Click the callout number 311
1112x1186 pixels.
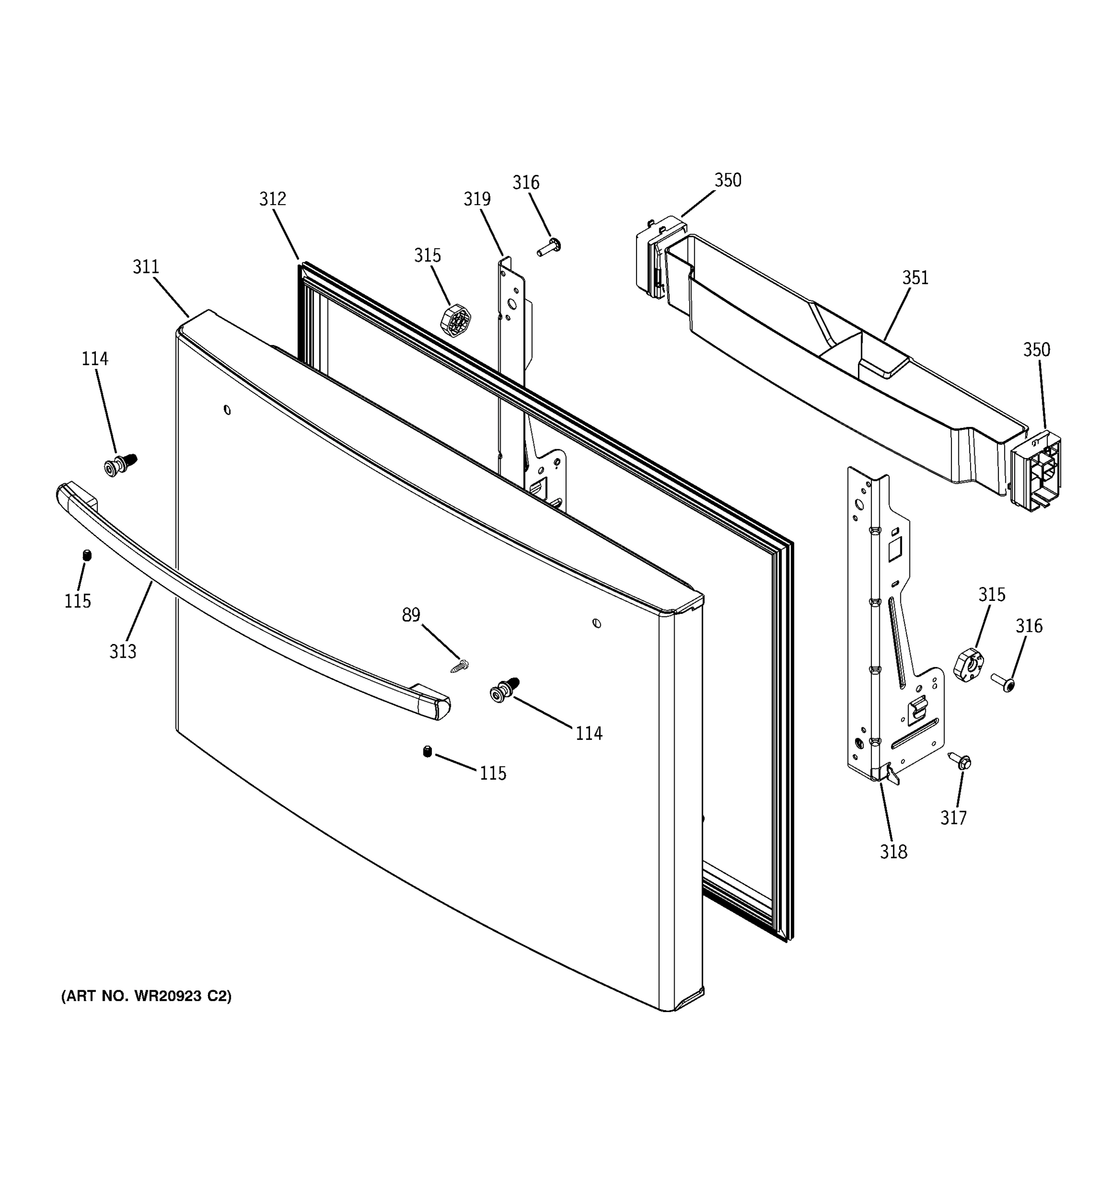tap(146, 267)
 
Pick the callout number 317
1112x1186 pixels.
tap(953, 818)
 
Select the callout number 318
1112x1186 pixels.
tap(893, 852)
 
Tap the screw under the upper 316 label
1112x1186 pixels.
tap(549, 247)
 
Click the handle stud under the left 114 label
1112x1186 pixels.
tap(119, 464)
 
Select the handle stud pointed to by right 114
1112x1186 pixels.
tap(504, 690)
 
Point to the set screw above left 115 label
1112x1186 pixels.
tap(87, 555)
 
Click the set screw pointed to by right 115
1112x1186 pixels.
tap(427, 752)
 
